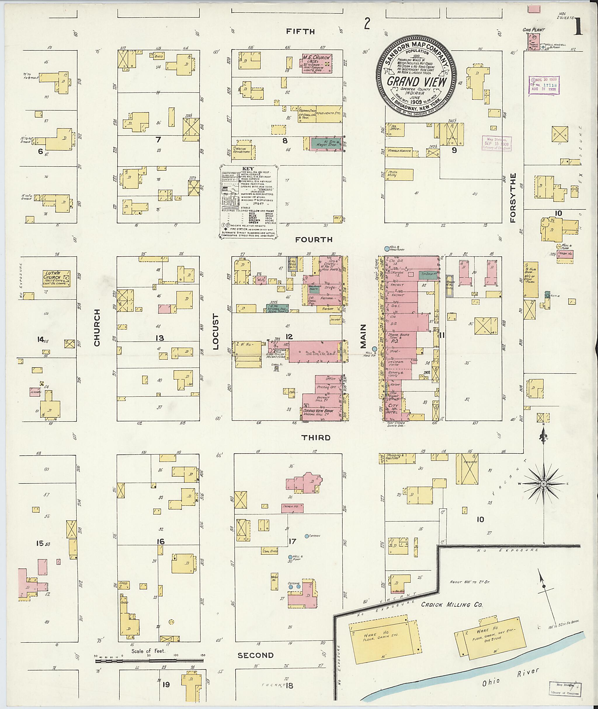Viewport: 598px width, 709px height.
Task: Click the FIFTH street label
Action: (x=300, y=32)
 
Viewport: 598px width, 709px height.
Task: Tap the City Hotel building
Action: (x=393, y=408)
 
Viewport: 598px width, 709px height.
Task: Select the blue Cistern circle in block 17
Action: (x=307, y=536)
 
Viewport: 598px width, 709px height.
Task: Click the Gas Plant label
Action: (x=533, y=30)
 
